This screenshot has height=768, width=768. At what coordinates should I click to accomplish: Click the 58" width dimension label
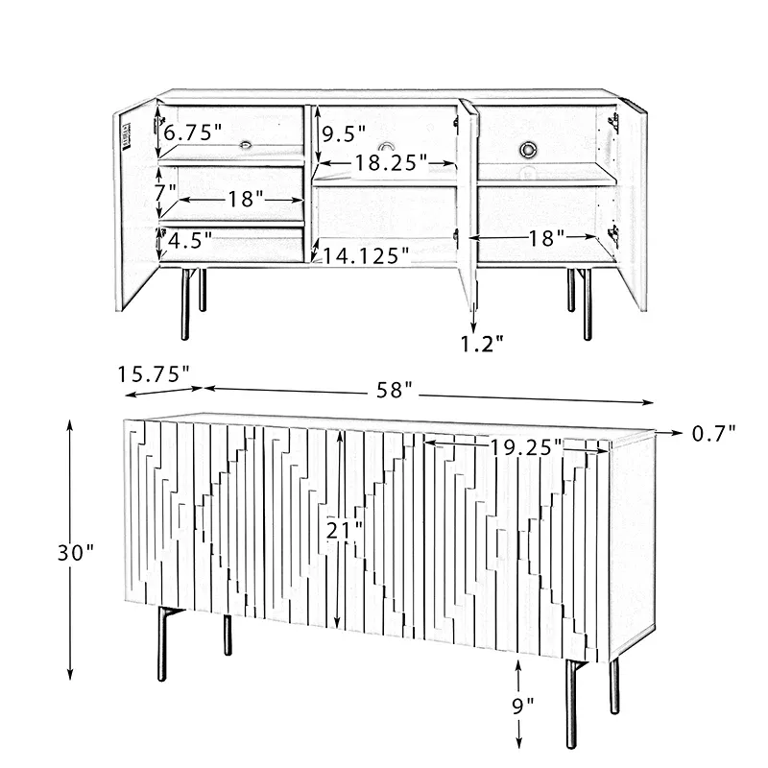point(395,390)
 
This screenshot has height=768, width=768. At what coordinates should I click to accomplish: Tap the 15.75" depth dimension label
point(154,374)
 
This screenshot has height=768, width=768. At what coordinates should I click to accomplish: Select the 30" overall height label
point(76,553)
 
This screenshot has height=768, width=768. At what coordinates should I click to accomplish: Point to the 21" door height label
point(345,530)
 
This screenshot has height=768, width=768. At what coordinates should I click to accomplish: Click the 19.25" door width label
point(526,446)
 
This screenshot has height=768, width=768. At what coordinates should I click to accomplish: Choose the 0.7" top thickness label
point(713,433)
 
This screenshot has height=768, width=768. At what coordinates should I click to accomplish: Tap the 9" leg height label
point(523,706)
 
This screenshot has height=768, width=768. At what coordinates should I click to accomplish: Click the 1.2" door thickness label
point(482,344)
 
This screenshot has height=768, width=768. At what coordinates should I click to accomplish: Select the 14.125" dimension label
point(366,255)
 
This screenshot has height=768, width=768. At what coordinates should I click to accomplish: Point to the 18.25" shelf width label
point(391,162)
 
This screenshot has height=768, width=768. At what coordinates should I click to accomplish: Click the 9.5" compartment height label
point(344,133)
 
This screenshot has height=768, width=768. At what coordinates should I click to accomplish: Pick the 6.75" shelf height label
point(193,132)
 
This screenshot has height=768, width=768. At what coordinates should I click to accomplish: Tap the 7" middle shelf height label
point(165,193)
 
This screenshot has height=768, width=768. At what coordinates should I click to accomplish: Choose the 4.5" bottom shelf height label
point(190,240)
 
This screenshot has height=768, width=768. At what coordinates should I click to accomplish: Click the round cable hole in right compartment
point(529,150)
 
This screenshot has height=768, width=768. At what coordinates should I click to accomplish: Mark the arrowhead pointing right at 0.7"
point(677,433)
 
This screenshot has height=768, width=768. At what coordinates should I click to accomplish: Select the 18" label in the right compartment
point(547,238)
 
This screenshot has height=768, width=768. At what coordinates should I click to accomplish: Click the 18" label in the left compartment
point(246,199)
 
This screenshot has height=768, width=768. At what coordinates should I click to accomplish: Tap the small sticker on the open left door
point(127,132)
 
